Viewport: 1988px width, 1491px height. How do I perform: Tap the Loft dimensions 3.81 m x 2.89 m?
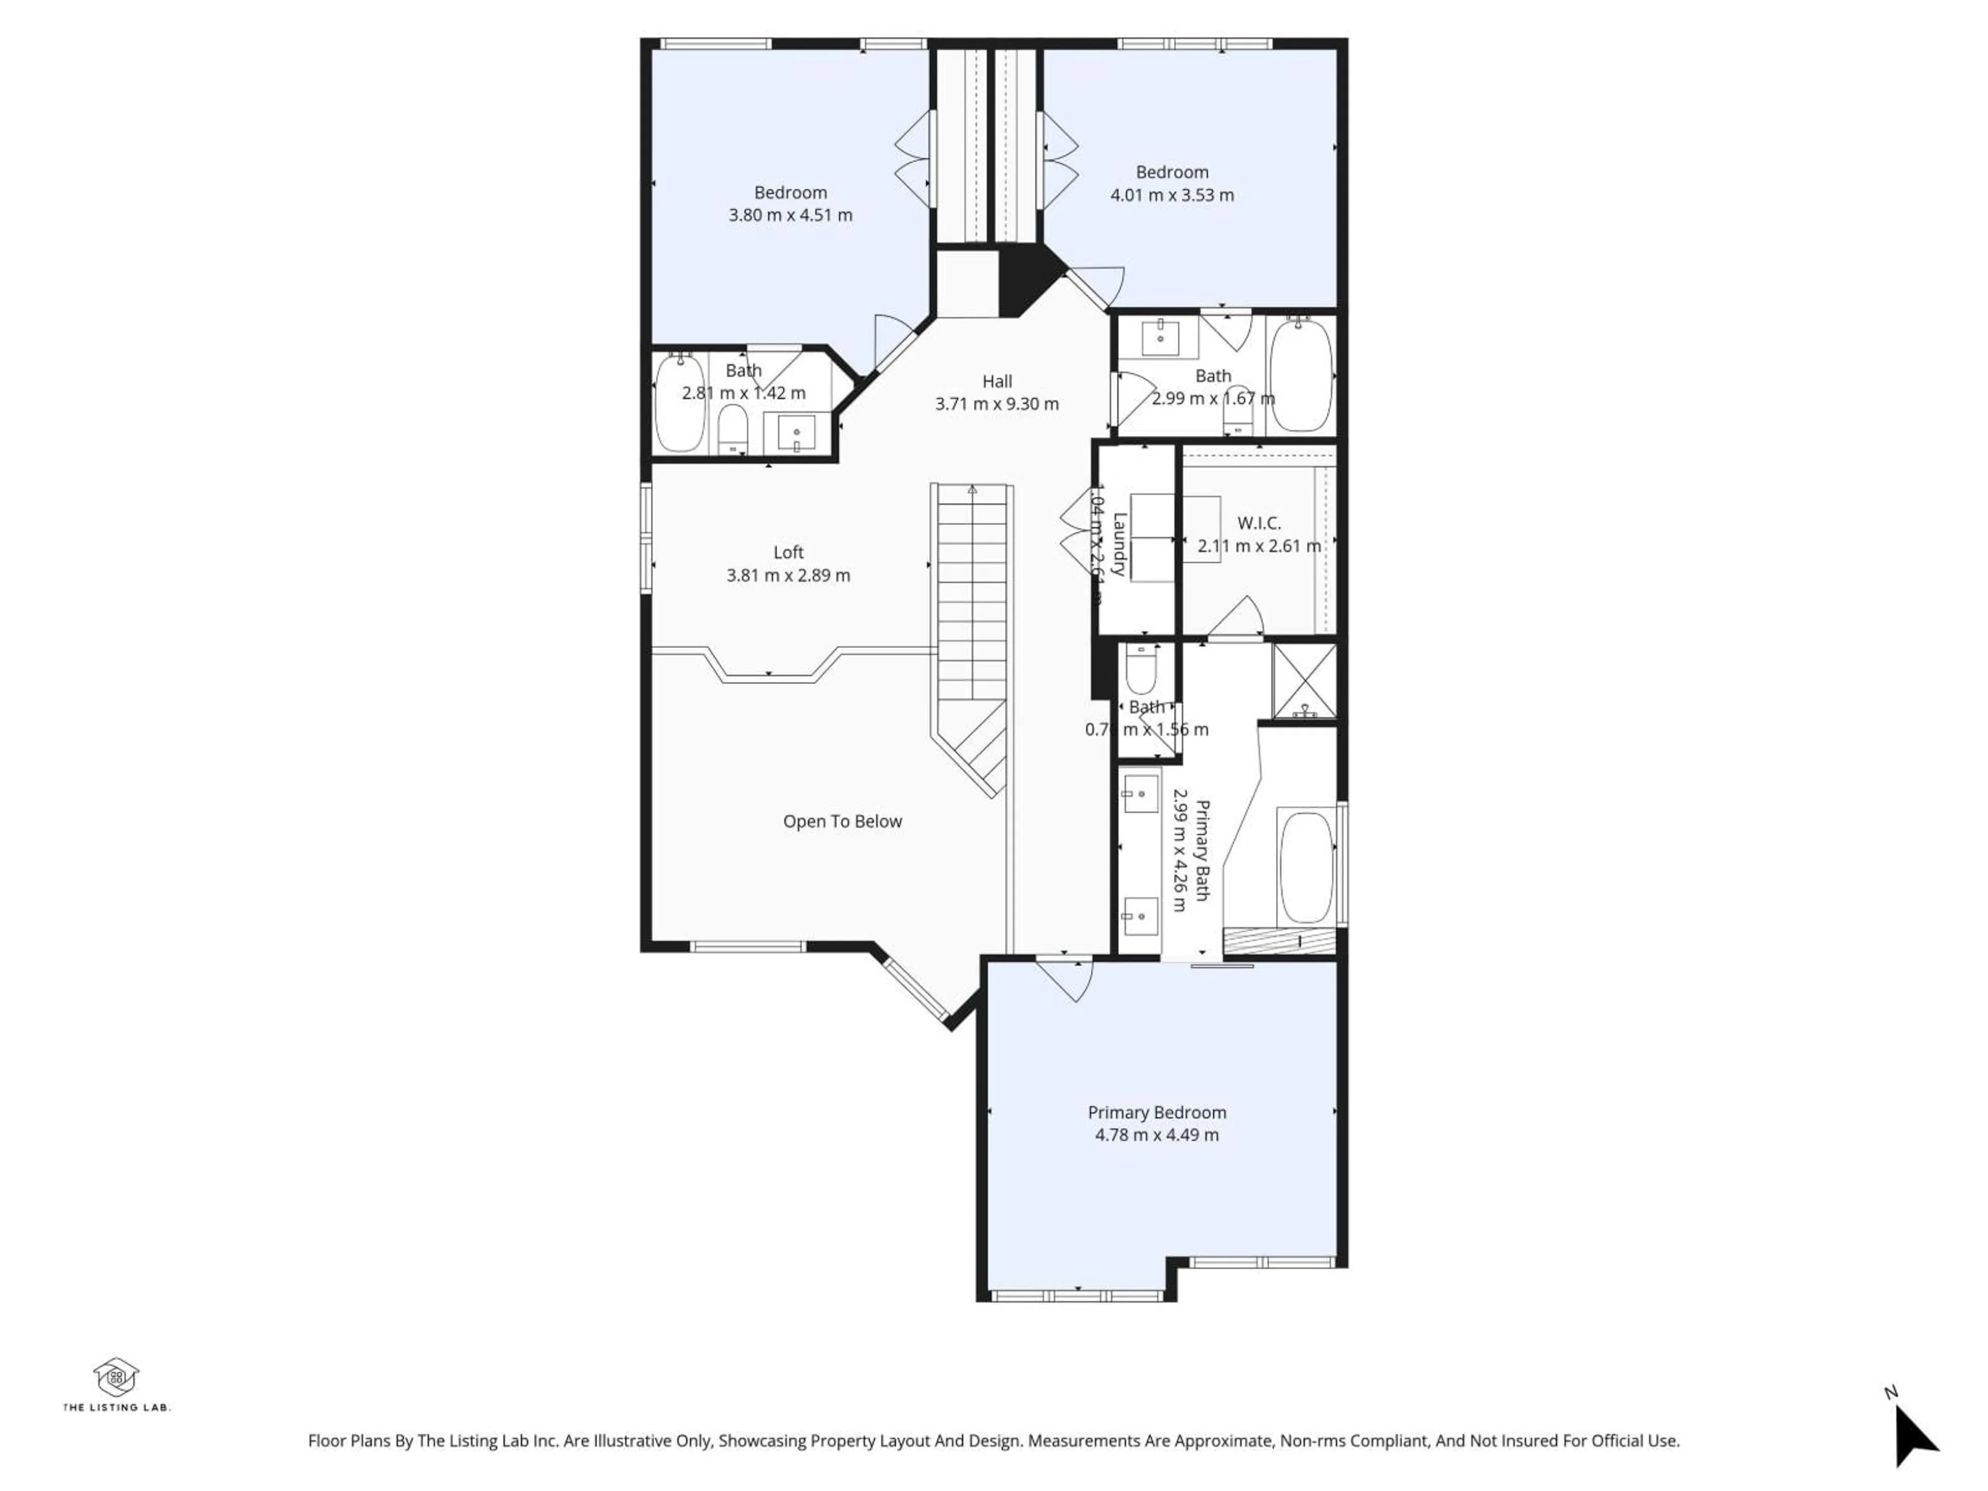pos(788,575)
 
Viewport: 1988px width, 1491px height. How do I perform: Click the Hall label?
pos(997,381)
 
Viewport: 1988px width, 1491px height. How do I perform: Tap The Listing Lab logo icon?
pos(116,1378)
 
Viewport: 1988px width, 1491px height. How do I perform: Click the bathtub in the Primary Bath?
pos(1305,868)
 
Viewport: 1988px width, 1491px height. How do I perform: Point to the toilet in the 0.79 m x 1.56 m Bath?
pos(1142,669)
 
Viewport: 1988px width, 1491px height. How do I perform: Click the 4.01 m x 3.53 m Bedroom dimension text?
pos(1172,195)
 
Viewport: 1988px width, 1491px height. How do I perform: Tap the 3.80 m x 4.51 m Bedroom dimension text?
pos(790,215)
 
